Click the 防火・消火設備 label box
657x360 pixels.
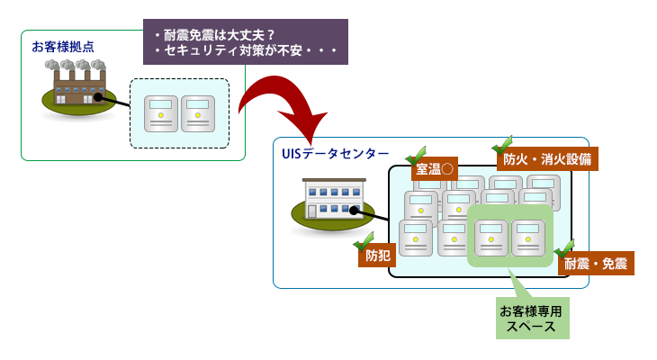546,159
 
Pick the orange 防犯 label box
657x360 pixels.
378,256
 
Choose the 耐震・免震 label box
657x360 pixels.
597,264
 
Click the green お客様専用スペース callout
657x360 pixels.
531,319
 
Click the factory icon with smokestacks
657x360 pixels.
78,89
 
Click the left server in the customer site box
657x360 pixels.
161,113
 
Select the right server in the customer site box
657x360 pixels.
197,113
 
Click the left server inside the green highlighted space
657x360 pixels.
491,238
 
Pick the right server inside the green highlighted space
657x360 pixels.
528,238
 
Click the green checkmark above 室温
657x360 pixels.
416,154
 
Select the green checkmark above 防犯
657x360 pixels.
364,240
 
